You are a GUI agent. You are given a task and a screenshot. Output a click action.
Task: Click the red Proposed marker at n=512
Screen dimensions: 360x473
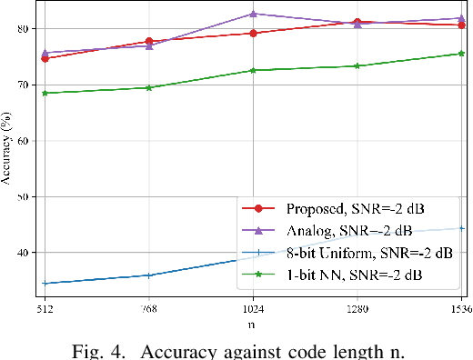tap(45, 58)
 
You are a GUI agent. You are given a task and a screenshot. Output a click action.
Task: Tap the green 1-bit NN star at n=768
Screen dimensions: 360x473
tap(148, 87)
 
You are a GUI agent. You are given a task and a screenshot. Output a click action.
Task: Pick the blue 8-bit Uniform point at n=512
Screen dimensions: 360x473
tap(45, 284)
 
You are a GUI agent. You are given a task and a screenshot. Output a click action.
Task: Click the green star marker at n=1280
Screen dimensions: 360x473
tap(357, 65)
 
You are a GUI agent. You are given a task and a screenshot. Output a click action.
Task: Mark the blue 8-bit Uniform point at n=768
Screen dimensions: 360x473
tap(148, 275)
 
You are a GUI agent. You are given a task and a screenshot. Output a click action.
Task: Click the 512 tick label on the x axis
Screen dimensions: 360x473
tap(45, 307)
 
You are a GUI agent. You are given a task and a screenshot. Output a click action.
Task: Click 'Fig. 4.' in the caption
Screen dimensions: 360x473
tap(118, 346)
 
